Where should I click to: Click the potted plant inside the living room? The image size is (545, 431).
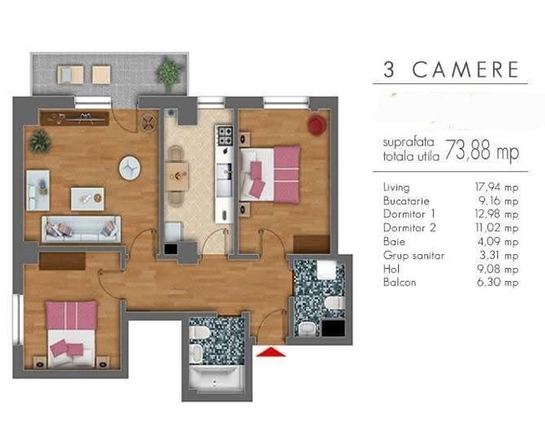(39, 141)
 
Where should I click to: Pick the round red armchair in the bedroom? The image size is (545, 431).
(316, 125)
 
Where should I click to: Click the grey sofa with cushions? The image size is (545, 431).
(81, 228)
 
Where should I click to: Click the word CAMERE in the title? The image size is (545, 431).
(465, 70)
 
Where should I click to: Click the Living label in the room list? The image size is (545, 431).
(397, 188)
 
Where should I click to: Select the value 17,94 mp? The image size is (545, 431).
(497, 188)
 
